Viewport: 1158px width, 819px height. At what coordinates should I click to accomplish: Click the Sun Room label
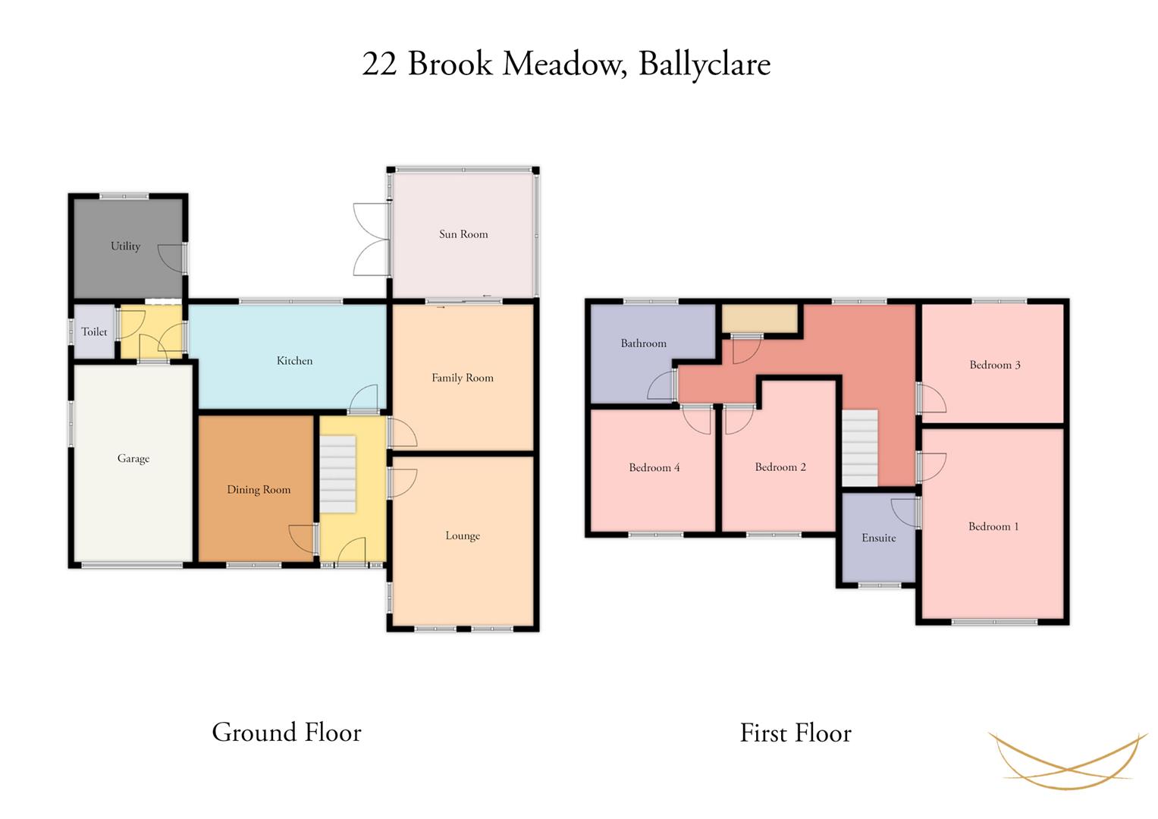click(463, 234)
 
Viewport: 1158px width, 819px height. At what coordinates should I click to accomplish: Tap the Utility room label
click(126, 246)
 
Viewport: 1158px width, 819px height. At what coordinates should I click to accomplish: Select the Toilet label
click(94, 331)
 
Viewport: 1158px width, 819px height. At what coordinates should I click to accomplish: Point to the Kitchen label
click(295, 360)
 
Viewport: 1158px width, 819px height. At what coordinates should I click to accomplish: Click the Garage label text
click(133, 459)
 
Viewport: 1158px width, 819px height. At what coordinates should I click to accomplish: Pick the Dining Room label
click(259, 490)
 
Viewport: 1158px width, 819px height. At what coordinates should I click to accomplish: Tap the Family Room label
click(462, 378)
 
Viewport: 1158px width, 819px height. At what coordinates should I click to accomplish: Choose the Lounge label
click(463, 535)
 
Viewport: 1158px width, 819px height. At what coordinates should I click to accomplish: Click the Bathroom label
click(644, 344)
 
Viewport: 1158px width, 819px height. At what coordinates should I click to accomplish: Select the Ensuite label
click(879, 538)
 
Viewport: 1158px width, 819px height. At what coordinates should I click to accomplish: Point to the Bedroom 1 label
click(993, 526)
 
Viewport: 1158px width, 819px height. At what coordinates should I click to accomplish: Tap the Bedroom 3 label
click(995, 365)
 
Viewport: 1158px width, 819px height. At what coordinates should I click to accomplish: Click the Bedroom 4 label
click(654, 467)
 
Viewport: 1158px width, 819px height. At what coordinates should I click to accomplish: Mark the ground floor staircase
click(337, 474)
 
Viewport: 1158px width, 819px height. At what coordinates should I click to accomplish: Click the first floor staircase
click(860, 447)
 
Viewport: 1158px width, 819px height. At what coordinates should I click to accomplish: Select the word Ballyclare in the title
click(705, 64)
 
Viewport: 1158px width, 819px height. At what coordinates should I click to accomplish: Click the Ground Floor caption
click(287, 732)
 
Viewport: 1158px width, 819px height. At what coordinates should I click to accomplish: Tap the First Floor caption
click(796, 733)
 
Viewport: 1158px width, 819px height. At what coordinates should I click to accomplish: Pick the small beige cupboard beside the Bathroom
click(759, 318)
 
